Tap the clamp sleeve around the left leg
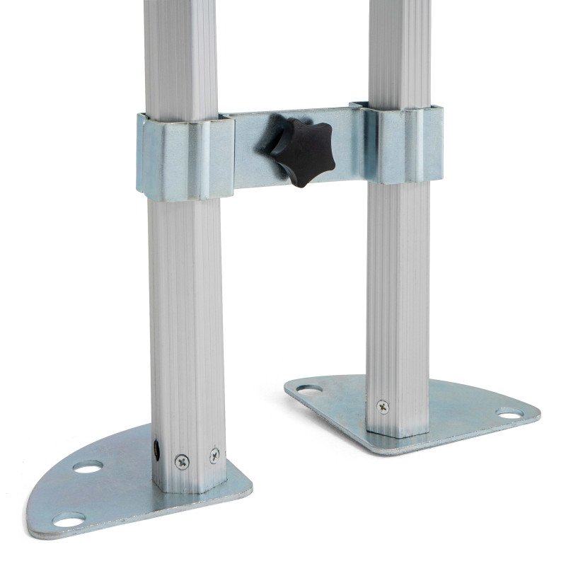click(185, 157)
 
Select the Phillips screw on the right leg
click(383, 407)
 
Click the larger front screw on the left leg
click(182, 462)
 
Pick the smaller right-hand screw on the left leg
click(214, 456)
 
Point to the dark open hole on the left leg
click(156, 449)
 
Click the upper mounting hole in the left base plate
click(88, 467)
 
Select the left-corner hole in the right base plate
click(309, 388)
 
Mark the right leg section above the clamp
click(399, 50)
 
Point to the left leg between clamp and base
click(185, 318)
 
